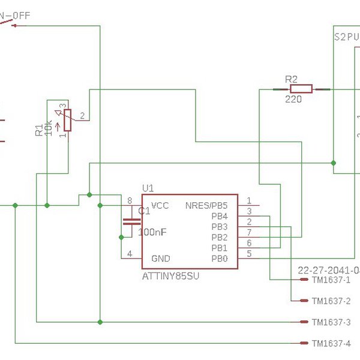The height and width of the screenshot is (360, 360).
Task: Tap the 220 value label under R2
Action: pyautogui.click(x=293, y=100)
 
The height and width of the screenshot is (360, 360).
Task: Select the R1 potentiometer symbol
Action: pyautogui.click(x=68, y=120)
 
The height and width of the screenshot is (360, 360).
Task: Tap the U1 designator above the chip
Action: pyautogui.click(x=148, y=188)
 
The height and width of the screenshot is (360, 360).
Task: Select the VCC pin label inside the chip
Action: pyautogui.click(x=160, y=206)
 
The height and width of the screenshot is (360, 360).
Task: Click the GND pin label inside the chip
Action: pyautogui.click(x=160, y=259)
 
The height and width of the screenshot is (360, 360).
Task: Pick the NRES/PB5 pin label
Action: pyautogui.click(x=206, y=206)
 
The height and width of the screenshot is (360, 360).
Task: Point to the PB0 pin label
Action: pyautogui.click(x=220, y=259)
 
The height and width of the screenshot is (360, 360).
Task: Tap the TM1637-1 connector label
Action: pyautogui.click(x=331, y=280)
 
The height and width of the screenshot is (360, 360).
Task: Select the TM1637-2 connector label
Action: pyautogui.click(x=331, y=301)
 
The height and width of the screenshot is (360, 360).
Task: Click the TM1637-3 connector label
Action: pyautogui.click(x=331, y=322)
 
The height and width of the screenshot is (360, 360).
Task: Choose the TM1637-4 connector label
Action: pyautogui.click(x=331, y=343)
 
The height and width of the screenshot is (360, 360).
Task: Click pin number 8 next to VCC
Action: pyautogui.click(x=129, y=200)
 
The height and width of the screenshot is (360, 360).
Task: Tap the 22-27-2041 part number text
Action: pyautogui.click(x=327, y=269)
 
